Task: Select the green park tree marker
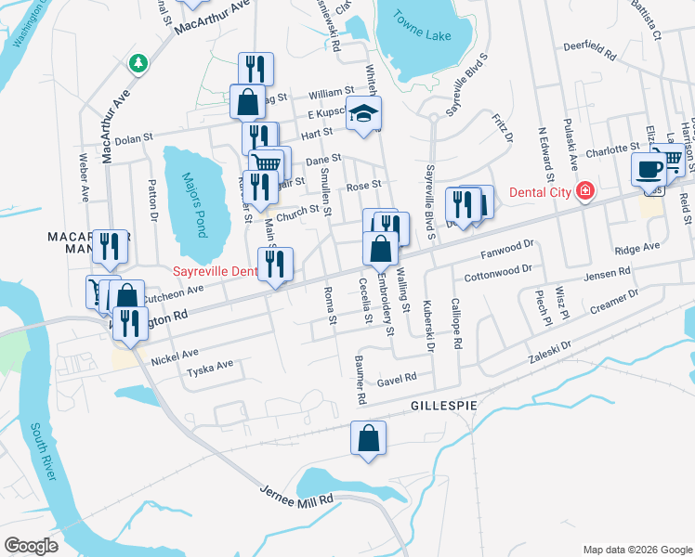pos(139,63)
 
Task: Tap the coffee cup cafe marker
pos(648,169)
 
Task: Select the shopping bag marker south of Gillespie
pos(368,438)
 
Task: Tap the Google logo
pos(31,545)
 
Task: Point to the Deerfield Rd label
pos(591,53)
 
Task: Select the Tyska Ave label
pos(211,367)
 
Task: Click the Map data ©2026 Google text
pos(636,549)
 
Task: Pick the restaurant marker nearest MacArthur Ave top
pos(255,69)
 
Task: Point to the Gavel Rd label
pos(397,380)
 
